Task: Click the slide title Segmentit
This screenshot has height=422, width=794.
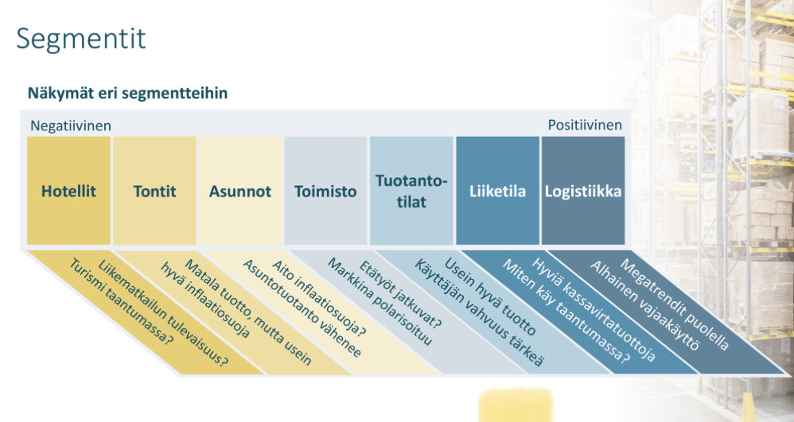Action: click(81, 38)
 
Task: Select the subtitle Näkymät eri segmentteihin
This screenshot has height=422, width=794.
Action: click(127, 93)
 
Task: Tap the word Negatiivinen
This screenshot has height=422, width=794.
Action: click(71, 126)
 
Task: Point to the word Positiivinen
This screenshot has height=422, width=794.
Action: click(585, 126)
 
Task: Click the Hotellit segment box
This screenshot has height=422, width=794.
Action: click(68, 191)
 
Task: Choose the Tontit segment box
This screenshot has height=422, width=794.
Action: click(154, 191)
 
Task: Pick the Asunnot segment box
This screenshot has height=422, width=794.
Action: click(240, 191)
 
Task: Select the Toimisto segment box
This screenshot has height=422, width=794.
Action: click(325, 191)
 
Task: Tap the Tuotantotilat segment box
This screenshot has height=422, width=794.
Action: click(411, 191)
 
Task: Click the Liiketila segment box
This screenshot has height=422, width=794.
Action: click(497, 191)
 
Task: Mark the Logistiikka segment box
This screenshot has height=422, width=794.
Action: click(583, 191)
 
